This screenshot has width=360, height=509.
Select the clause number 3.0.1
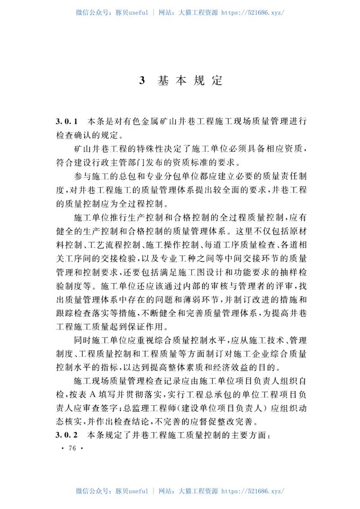point(67,122)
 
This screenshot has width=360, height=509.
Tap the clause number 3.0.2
point(67,436)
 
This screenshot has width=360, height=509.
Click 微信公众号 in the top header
point(92,13)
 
